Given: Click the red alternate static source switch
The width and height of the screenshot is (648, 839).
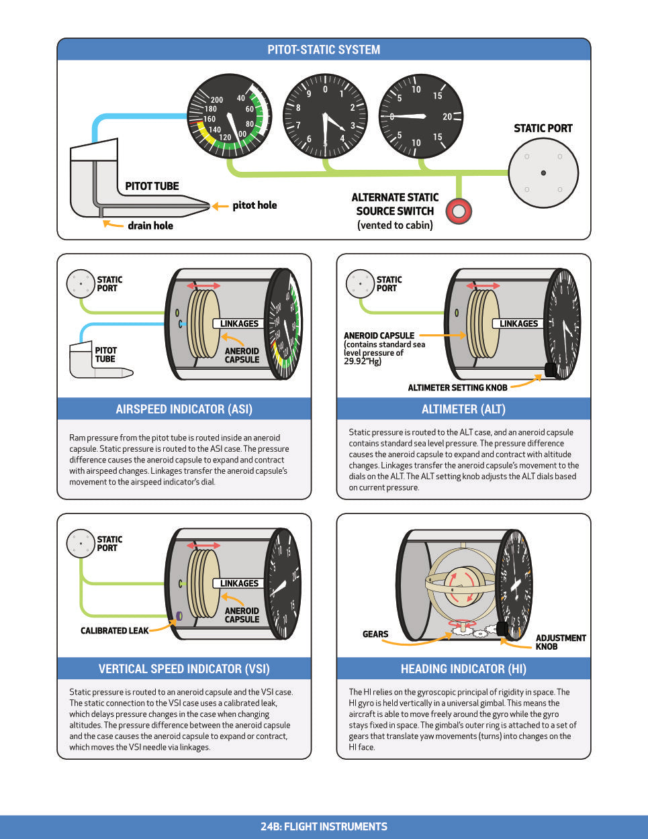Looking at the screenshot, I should coord(459,211).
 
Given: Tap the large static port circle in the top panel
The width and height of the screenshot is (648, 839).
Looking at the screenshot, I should coord(543,173).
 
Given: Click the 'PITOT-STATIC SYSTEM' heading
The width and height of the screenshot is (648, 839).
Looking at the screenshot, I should coord(324,50).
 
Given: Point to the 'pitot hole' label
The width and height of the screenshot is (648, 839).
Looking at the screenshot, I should coord(254,205).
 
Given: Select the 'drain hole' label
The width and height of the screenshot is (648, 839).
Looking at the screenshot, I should coord(150,226).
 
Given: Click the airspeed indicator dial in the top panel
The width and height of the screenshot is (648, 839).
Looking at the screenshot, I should coord(229,115).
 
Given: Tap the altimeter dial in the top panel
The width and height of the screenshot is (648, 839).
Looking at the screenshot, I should coord(326,115).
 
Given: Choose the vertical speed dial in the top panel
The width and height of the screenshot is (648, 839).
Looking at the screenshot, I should coord(421,116).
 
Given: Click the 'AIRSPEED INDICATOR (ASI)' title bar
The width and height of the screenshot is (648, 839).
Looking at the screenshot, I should coord(184,409).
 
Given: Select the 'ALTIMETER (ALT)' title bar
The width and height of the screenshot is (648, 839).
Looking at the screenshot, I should coord(463,409).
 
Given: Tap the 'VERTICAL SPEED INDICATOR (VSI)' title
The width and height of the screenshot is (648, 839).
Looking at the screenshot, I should coord(184,669).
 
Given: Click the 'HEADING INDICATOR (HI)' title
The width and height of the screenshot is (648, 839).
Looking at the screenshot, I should coord(463,669).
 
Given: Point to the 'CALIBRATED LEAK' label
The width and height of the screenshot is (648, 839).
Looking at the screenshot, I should coord(115,631).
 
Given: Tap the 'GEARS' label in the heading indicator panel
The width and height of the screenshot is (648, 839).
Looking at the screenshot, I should coord(375,634).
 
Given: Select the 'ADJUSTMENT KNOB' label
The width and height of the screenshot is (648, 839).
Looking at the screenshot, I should coord(560,642).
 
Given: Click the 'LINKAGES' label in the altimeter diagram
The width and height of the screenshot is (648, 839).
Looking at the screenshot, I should coord(519,324).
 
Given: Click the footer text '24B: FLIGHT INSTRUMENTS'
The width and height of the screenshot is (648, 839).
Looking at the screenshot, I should coord(324,827).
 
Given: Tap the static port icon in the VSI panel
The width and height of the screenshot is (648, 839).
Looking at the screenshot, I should coord(81,543).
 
